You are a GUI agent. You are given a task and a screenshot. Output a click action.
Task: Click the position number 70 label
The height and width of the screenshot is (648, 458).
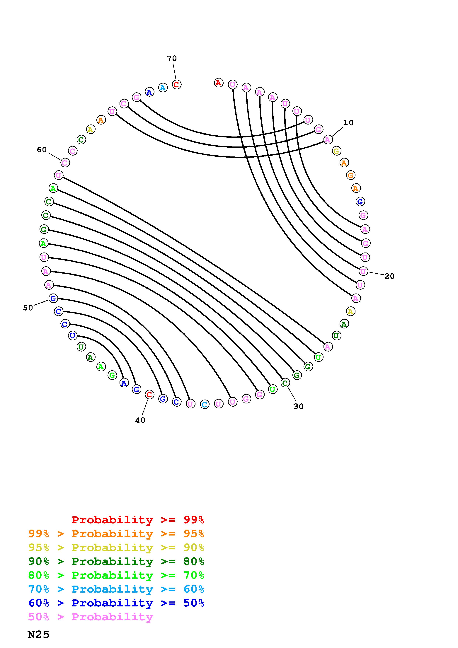172,58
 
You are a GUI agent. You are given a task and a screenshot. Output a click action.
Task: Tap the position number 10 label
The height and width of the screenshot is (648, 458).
348,123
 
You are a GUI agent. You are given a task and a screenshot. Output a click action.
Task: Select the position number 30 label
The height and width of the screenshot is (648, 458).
298,406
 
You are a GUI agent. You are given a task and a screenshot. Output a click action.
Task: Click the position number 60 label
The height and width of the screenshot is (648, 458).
42,150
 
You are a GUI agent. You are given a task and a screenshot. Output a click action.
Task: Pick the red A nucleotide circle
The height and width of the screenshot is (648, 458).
218,83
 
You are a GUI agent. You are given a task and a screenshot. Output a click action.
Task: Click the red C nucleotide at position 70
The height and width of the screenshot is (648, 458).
177,84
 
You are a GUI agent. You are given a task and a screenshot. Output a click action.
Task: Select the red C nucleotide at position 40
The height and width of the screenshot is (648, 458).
149,395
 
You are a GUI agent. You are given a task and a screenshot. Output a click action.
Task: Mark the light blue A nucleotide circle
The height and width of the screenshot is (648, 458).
163,88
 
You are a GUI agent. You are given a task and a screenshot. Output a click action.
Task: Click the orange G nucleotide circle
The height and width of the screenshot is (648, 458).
350,175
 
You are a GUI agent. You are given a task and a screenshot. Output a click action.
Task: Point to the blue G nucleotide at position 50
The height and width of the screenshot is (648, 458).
53,298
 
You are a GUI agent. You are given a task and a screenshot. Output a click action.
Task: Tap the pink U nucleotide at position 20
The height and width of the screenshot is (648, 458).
363,271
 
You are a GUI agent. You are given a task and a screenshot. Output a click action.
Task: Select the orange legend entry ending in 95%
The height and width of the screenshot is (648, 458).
116,534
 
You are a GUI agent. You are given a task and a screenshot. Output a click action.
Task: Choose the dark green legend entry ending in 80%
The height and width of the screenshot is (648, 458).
116,561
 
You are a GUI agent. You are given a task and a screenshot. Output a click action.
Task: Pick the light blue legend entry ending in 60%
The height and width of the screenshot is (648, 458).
116,589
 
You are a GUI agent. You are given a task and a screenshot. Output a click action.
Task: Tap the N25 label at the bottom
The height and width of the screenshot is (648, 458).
39,635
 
